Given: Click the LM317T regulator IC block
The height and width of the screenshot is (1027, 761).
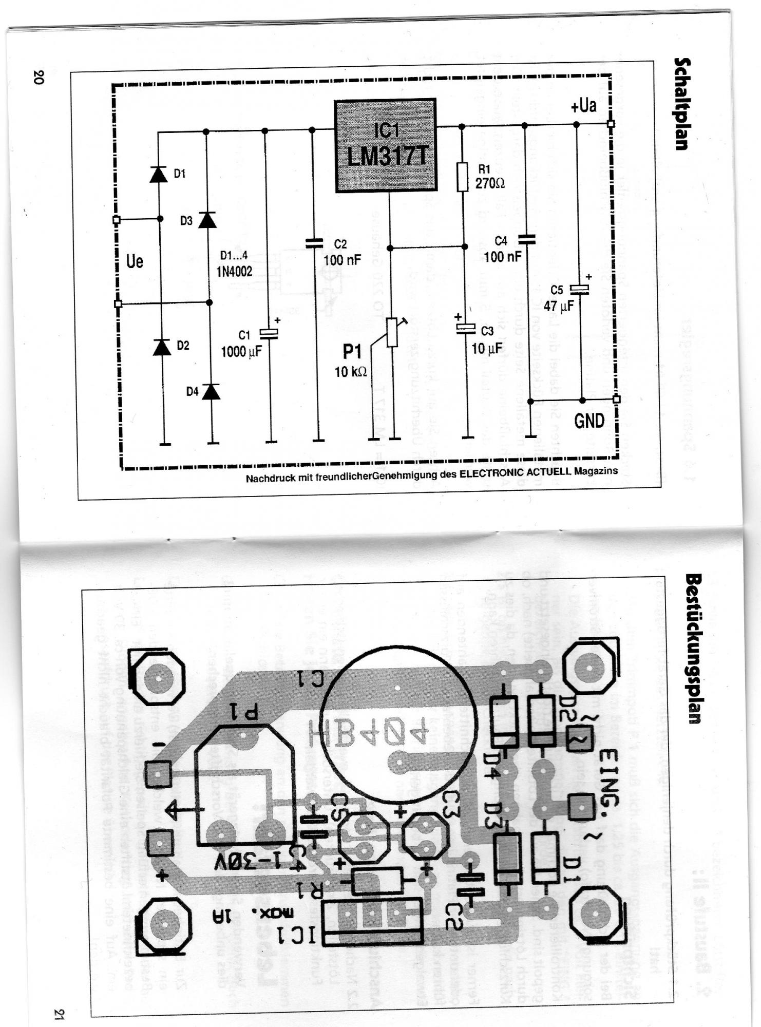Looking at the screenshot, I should (386, 145).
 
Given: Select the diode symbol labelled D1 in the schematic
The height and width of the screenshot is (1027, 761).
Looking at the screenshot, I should (158, 174).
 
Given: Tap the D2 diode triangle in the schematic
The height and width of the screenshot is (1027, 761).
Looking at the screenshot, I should (162, 347).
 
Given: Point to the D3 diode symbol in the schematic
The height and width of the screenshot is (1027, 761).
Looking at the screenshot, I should (207, 220).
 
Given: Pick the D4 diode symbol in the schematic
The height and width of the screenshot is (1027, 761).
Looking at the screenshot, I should (211, 391).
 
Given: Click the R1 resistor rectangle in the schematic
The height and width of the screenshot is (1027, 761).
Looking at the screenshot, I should (463, 177).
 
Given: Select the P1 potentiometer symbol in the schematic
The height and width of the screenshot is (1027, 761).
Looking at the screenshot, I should (392, 332).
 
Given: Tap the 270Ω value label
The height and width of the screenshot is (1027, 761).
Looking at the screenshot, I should (489, 183).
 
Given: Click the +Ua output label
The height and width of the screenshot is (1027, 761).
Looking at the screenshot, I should (583, 106).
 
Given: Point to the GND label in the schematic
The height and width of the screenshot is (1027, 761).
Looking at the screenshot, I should (589, 421).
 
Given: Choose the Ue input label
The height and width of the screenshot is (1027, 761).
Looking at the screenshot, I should (135, 261).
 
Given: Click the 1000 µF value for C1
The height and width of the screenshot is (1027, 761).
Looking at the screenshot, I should (241, 352).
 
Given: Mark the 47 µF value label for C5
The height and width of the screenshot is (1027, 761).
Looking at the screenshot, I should (558, 306).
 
